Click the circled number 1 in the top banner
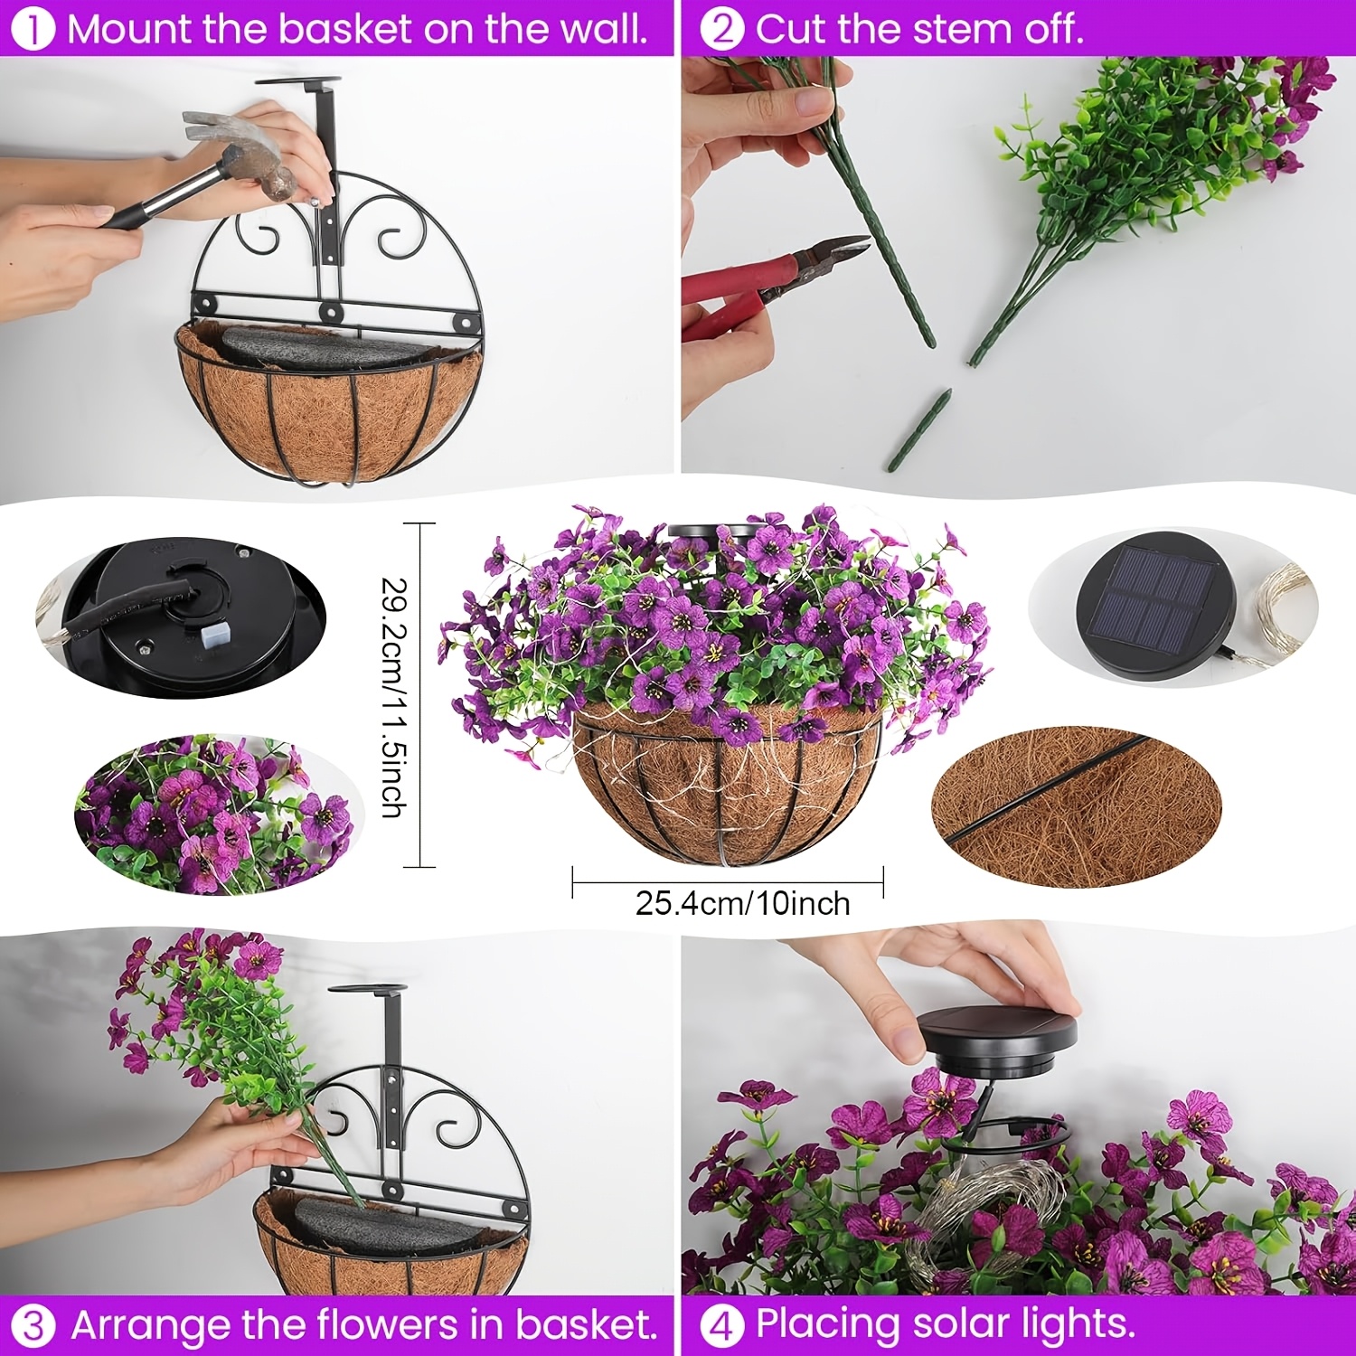point(33,30)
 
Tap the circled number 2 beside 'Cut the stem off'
point(721,30)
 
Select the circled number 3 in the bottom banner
point(33,1326)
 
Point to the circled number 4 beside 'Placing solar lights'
point(721,1326)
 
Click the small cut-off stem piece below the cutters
point(918,429)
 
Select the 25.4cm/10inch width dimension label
point(742,903)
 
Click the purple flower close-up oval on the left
point(213,814)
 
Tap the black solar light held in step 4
point(997,1045)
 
